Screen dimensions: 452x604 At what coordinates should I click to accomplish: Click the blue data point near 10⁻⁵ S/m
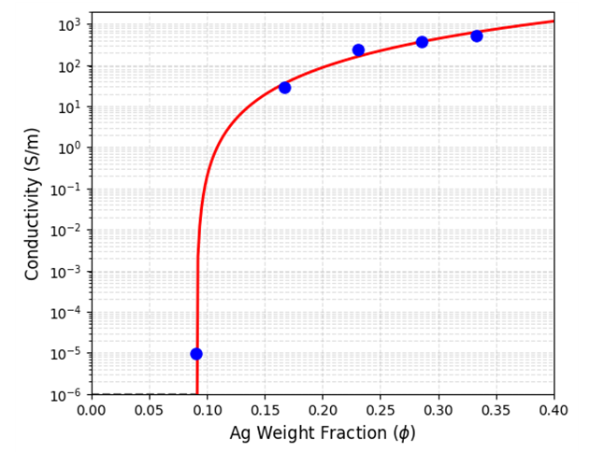pos(196,354)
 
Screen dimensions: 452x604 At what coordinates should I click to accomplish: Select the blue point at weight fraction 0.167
pos(284,88)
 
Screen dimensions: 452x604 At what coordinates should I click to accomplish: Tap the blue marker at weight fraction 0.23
pos(358,50)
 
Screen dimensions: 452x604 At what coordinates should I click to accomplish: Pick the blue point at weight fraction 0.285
pos(422,42)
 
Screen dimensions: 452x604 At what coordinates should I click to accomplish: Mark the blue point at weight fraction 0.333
pos(477,35)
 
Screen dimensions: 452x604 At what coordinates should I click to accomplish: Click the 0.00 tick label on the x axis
pos(91,410)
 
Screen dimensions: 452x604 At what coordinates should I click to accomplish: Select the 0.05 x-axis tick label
pos(149,410)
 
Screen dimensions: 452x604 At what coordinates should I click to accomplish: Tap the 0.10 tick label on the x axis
pos(207,410)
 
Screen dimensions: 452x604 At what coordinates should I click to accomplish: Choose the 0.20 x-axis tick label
pos(323,410)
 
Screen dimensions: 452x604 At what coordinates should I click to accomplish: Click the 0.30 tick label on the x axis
pos(439,410)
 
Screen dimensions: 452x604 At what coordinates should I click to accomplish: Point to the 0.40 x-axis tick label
pos(554,410)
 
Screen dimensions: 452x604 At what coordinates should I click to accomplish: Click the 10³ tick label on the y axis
pos(70,24)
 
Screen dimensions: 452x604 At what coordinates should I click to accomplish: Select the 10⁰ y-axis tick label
pos(70,148)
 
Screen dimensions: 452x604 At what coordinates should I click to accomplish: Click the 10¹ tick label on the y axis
pos(70,106)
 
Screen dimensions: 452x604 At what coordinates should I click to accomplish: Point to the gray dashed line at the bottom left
pos(140,394)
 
